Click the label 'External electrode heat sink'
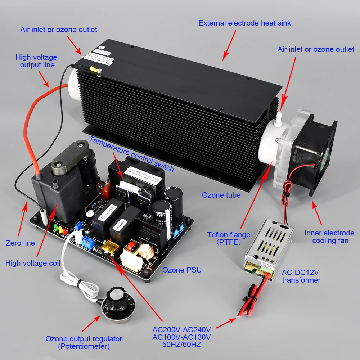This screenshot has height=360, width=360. pos(244,23)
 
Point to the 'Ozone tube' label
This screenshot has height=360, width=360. pos(221,195)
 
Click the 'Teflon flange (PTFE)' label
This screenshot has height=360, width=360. pos(229,238)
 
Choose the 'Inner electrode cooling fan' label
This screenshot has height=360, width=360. pos(329,237)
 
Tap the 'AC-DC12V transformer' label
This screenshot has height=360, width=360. pos(301,276)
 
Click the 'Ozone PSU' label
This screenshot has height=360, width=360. pos(182,270)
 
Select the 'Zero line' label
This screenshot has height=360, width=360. pos(20,243)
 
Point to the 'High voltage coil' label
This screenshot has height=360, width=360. pos(33,264)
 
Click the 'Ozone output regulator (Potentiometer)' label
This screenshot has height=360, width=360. pos(84,342)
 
